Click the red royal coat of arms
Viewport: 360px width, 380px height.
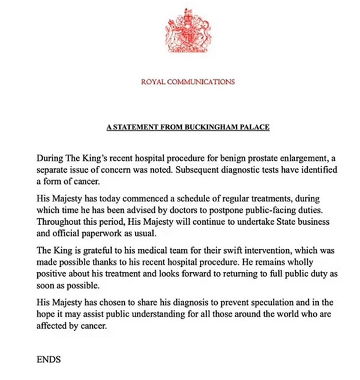pos(187,35)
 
